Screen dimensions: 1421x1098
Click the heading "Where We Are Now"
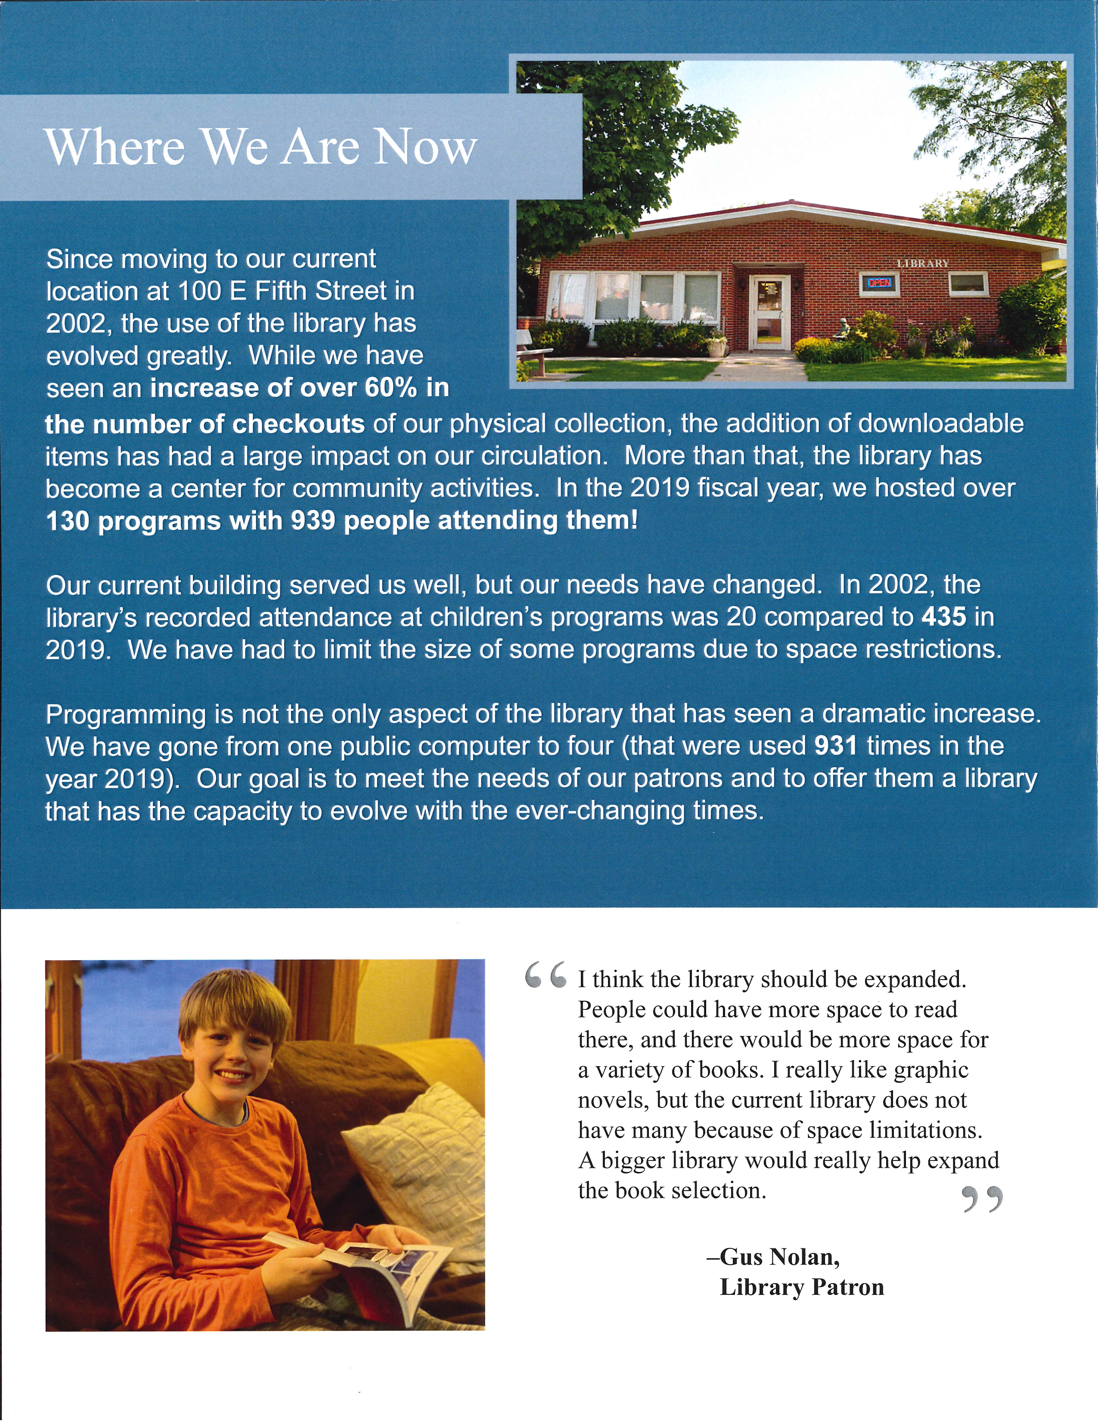click(x=260, y=147)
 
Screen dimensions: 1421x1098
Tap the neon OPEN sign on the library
click(x=879, y=283)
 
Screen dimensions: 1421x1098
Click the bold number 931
click(x=836, y=746)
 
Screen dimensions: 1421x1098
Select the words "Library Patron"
click(x=801, y=1288)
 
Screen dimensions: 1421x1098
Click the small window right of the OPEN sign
click(x=968, y=283)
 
